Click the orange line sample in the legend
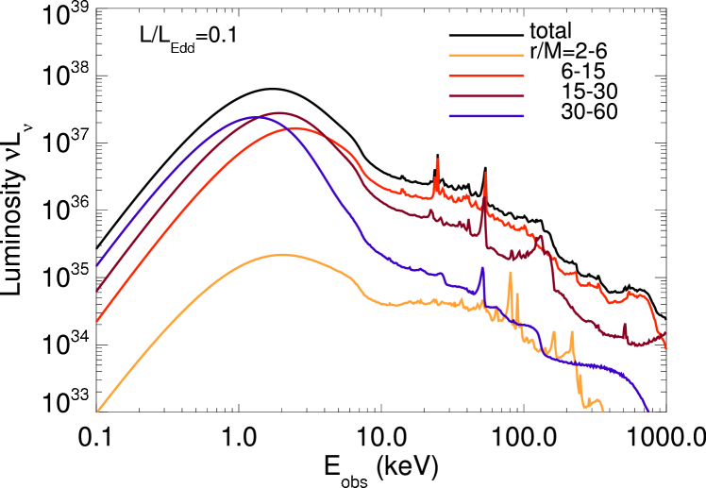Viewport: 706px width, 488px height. coord(486,55)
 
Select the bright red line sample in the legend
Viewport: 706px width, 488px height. coord(486,76)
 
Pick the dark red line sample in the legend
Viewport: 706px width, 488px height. coord(486,95)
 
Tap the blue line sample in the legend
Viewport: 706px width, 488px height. coord(486,116)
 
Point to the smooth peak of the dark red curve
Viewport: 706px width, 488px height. coord(278,112)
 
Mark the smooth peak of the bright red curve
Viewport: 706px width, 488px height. coord(297,128)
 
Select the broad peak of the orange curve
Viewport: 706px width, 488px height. coord(281,254)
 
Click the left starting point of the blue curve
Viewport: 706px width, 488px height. coord(97,265)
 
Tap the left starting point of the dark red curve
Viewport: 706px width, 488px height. coord(97,291)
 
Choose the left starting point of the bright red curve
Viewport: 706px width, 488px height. coord(97,321)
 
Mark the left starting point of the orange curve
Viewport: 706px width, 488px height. coord(97,412)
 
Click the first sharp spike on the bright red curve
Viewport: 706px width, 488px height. coord(437,160)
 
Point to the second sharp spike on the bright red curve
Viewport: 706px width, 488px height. coord(485,174)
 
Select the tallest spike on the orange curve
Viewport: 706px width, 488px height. coord(510,274)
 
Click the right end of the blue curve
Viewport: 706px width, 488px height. coord(648,412)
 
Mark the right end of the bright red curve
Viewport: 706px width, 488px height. coord(666,348)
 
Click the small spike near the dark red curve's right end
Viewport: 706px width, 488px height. coord(625,325)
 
